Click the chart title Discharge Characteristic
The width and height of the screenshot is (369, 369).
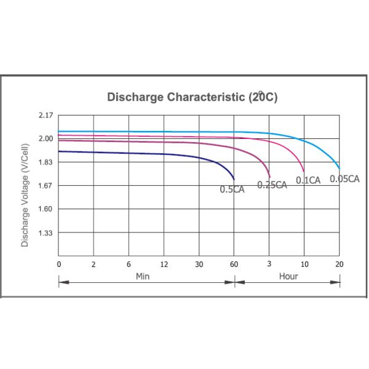(x=192, y=97)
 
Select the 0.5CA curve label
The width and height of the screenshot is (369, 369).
(x=232, y=189)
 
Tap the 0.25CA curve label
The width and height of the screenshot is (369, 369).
(x=272, y=184)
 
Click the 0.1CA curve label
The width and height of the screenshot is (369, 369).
(x=308, y=180)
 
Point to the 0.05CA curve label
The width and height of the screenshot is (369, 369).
(x=344, y=179)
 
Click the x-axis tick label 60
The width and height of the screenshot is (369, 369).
(x=234, y=264)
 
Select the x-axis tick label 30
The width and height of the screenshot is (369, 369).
(x=199, y=264)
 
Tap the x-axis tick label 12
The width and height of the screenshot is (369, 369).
(x=164, y=264)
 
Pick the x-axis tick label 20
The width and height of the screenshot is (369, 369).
(x=339, y=264)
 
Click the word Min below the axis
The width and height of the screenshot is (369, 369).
(x=142, y=276)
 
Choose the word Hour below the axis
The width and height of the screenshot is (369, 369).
(x=288, y=276)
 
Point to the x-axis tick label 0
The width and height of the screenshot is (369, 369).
(x=59, y=264)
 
